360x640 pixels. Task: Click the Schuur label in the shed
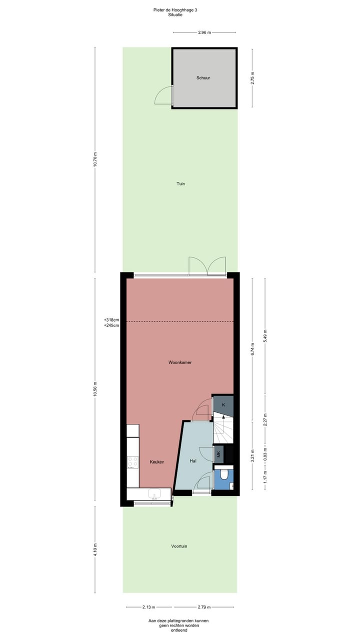tap(203, 78)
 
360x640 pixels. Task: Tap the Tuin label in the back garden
tap(180, 184)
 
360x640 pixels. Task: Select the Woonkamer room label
tap(180, 362)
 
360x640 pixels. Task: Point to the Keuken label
tap(157, 461)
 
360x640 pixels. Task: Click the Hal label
tap(193, 461)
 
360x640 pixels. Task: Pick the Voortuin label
tap(179, 546)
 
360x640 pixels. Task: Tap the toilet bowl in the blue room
tap(225, 473)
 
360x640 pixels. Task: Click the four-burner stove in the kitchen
tap(132, 462)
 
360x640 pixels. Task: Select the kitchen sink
tap(154, 494)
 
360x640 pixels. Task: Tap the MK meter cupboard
tap(218, 454)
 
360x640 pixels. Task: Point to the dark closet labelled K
tap(223, 405)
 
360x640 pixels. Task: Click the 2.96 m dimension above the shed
tap(204, 32)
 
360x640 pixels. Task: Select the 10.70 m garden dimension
tap(95, 159)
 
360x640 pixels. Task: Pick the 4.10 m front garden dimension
tap(95, 549)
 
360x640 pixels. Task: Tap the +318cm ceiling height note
tap(111, 319)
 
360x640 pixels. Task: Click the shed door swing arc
tap(162, 95)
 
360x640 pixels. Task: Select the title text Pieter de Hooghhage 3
tap(179, 9)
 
